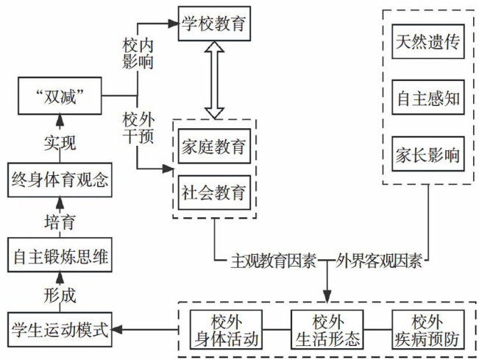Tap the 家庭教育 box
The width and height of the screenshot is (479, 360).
point(214,148)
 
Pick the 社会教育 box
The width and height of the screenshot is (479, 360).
point(214,193)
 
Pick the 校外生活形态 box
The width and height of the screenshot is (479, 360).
point(327,330)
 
